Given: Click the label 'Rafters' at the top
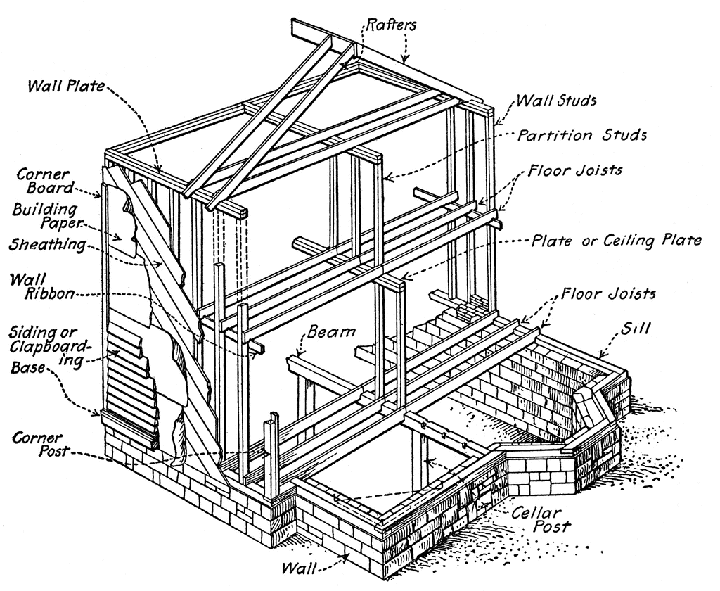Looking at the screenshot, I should pyautogui.click(x=392, y=26).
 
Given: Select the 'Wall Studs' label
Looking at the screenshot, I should pyautogui.click(x=556, y=101).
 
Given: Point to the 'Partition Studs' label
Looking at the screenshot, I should pyautogui.click(x=582, y=135).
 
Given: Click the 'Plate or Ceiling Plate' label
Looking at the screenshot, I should pyautogui.click(x=616, y=241).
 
